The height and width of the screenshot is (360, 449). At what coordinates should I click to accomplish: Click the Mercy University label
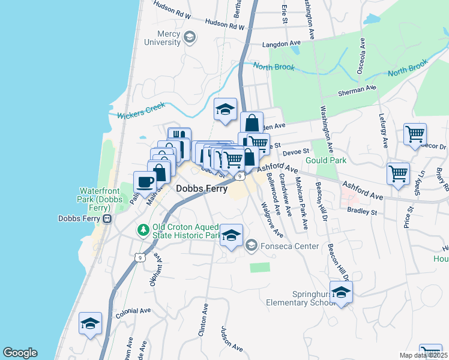click(x=160, y=38)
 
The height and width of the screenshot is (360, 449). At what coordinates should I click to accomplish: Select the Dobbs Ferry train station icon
click(x=107, y=219)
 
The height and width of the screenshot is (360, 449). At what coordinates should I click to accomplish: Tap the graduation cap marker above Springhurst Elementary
click(x=341, y=293)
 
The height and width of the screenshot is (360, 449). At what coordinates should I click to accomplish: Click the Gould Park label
click(x=326, y=161)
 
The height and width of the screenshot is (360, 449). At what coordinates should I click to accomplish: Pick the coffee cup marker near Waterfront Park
click(x=144, y=181)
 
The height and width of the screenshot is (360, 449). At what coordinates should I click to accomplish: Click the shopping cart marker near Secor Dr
click(x=415, y=134)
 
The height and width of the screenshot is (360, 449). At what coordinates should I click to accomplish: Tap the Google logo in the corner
click(x=20, y=353)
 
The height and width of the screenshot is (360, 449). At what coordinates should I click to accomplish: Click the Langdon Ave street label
click(x=282, y=44)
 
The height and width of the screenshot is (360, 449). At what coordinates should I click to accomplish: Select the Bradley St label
click(x=362, y=211)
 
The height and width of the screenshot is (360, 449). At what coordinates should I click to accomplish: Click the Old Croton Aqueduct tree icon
click(x=143, y=230)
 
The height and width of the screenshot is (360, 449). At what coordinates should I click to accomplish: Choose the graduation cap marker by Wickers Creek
click(x=226, y=109)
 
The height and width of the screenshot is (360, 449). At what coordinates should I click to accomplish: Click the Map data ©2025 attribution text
click(x=423, y=355)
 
